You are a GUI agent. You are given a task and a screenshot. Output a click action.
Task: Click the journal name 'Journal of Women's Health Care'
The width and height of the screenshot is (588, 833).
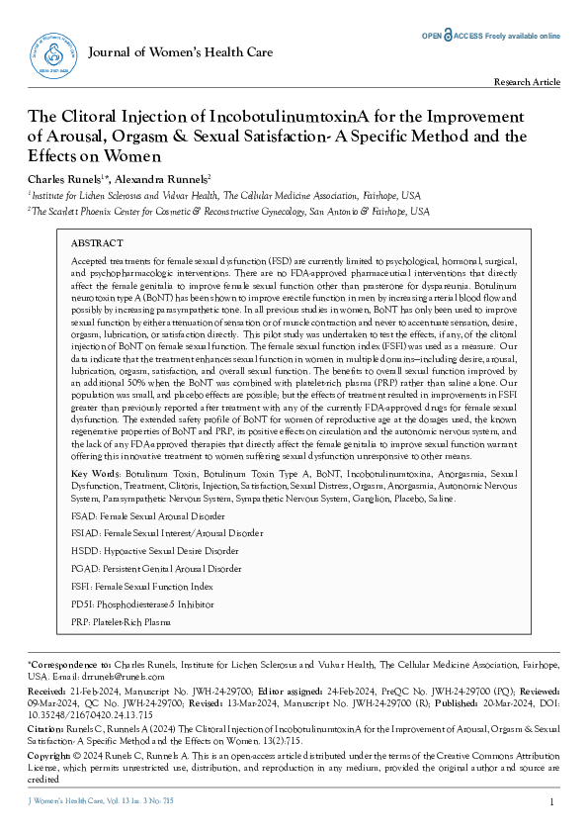click(x=180, y=49)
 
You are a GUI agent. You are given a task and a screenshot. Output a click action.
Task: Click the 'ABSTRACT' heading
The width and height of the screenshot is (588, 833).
click(x=97, y=242)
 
